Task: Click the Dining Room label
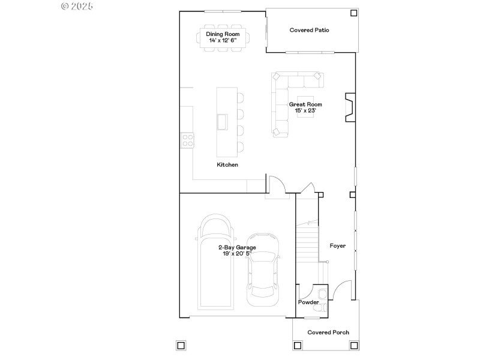(x=223, y=34)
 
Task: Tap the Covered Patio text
(x=309, y=30)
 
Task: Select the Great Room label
(x=305, y=104)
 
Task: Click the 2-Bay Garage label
(x=236, y=247)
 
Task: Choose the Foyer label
(x=338, y=245)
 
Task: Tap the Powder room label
(x=308, y=302)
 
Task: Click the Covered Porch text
(x=328, y=332)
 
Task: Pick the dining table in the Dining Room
(x=223, y=37)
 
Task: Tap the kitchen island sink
(x=223, y=122)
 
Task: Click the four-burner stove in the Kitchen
(x=188, y=140)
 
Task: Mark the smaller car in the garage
(x=263, y=265)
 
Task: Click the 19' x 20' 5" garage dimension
(x=236, y=254)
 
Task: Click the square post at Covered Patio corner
(x=353, y=12)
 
